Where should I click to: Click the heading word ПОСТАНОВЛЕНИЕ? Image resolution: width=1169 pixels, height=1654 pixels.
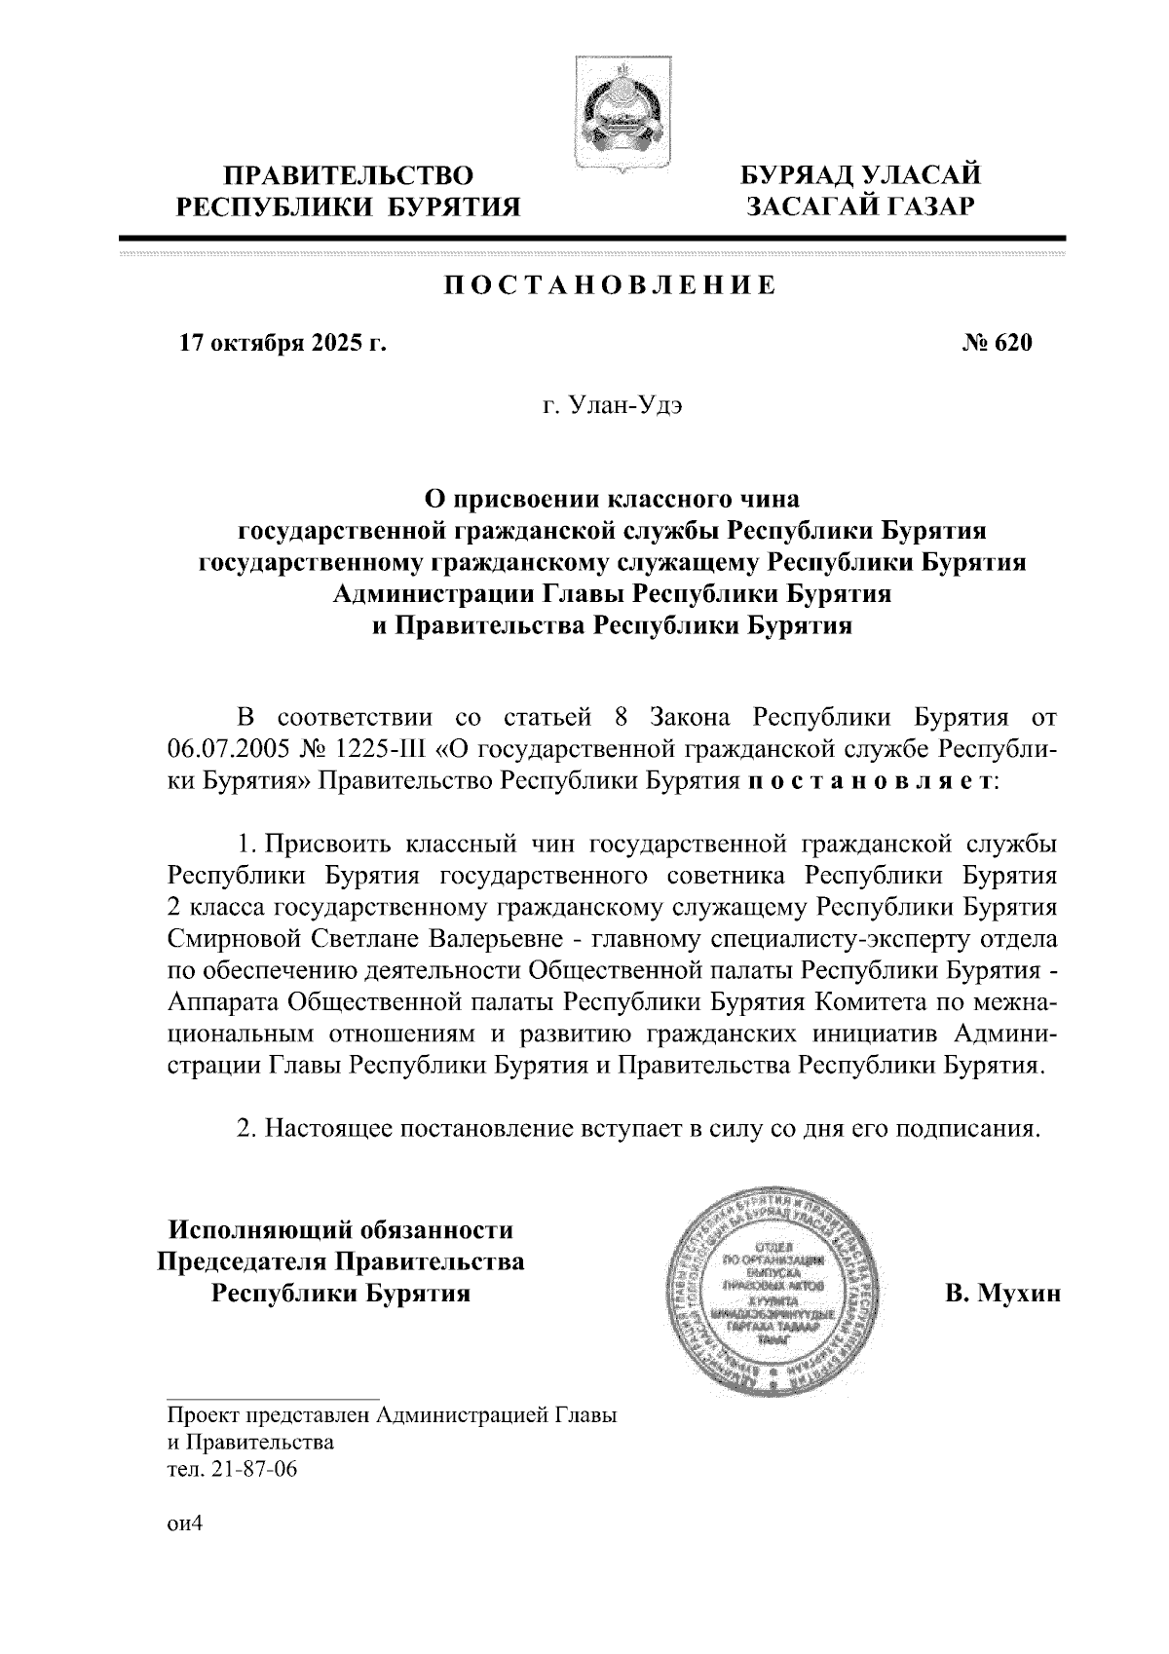[611, 285]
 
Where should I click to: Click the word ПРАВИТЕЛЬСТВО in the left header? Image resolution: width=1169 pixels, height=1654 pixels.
[350, 176]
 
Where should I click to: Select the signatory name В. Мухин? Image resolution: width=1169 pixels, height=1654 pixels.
[1001, 1294]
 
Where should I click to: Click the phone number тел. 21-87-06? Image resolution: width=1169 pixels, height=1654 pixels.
[232, 1469]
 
